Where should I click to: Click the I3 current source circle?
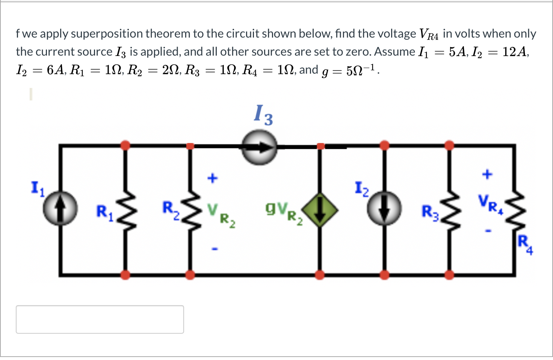click(259, 147)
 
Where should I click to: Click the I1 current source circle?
click(60, 209)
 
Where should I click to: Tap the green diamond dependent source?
click(320, 210)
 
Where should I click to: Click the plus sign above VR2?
click(213, 178)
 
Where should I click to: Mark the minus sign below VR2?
click(214, 248)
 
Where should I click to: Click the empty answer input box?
click(100, 319)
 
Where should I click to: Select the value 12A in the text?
click(515, 51)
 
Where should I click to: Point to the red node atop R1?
click(125, 145)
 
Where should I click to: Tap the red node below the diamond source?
click(320, 275)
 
